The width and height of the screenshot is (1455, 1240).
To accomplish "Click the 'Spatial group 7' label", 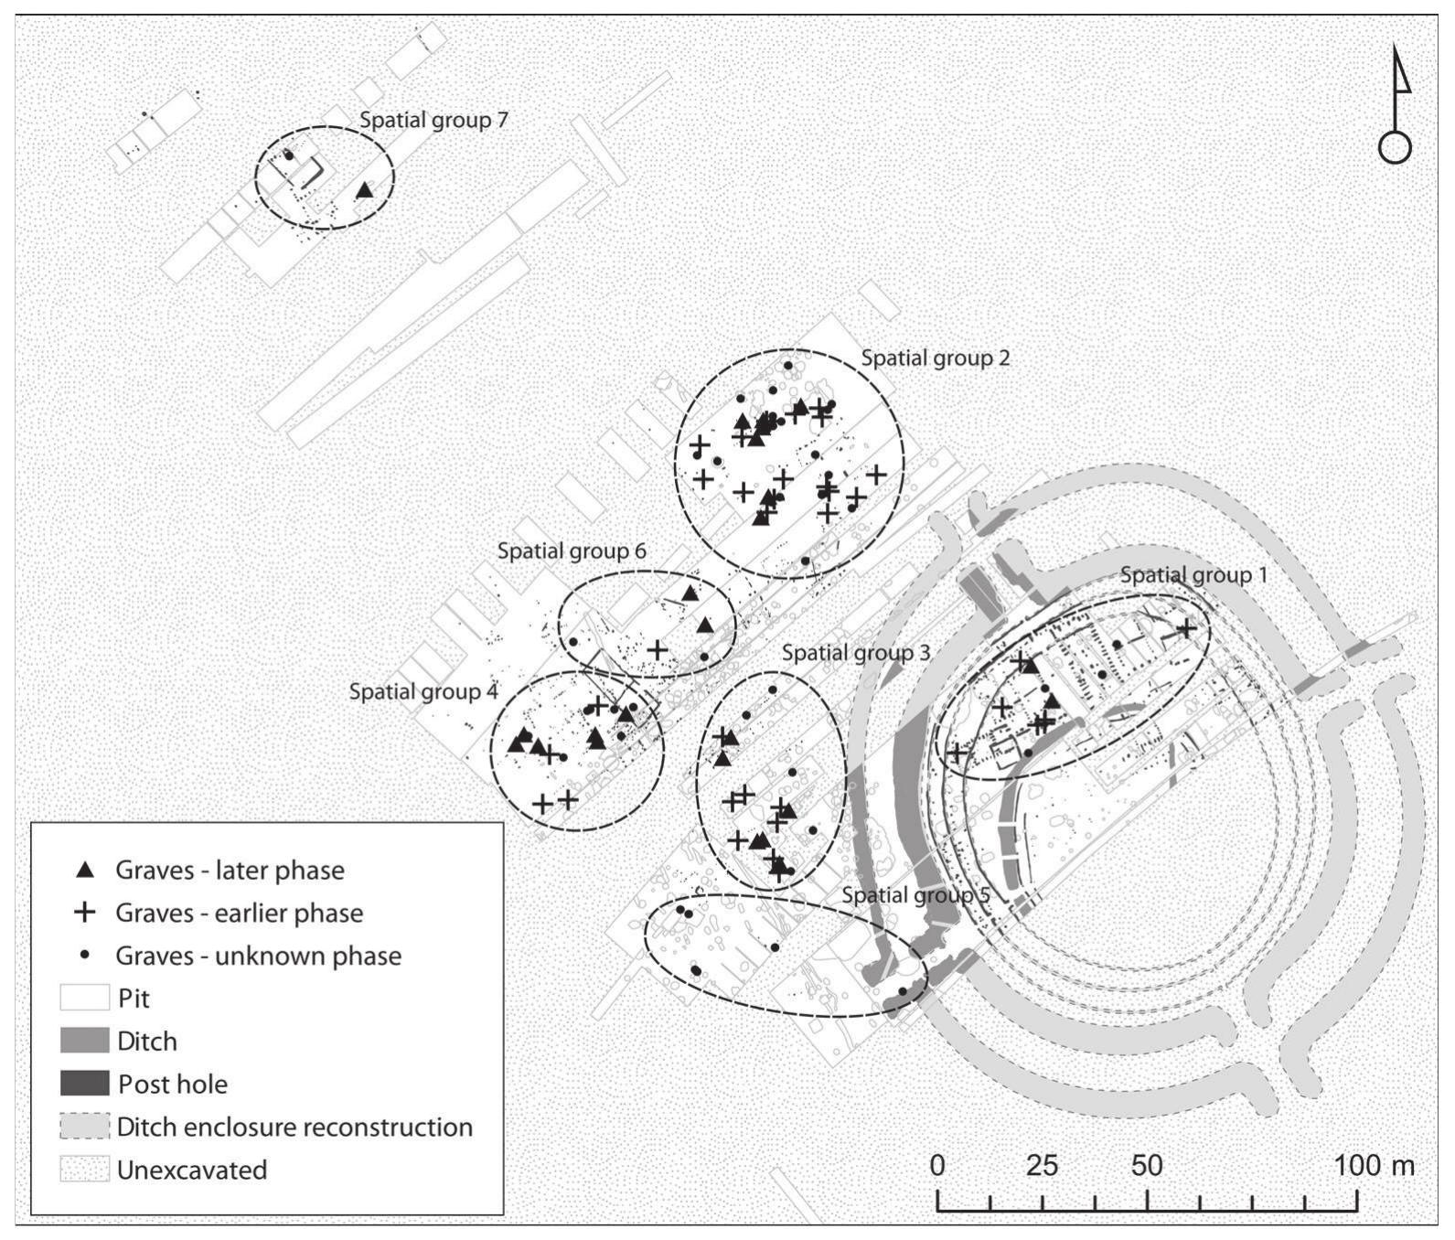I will tap(433, 120).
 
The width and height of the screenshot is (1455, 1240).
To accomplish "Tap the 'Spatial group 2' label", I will tap(935, 358).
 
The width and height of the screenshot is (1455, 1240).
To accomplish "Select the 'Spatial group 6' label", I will tap(572, 551).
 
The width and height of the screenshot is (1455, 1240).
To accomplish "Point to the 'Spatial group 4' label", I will tap(423, 691).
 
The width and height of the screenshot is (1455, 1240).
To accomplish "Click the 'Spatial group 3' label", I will tap(856, 653).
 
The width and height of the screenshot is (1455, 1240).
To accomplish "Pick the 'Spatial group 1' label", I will tap(1194, 575).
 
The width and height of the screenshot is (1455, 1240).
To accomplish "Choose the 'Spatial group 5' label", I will tap(915, 894).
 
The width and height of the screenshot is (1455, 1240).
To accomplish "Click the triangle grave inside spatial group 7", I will tap(364, 190).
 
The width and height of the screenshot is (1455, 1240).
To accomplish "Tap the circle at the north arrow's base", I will tap(1394, 147).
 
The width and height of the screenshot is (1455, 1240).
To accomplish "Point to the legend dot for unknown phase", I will tap(85, 955).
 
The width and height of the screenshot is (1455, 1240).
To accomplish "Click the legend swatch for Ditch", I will tap(84, 1041).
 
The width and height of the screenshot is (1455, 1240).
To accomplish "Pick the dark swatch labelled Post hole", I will tap(84, 1084).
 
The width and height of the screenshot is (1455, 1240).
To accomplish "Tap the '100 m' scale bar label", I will tap(1375, 1166).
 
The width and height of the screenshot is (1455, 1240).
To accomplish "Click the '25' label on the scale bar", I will tap(1042, 1166).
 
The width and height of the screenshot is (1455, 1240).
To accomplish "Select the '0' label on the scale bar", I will tap(937, 1166).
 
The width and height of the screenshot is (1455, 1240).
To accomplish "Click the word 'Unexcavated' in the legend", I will tap(192, 1170).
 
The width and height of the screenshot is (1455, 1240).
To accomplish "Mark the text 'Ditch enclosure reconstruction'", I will tap(294, 1127).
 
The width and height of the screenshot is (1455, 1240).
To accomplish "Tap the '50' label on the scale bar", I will tap(1147, 1166).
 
